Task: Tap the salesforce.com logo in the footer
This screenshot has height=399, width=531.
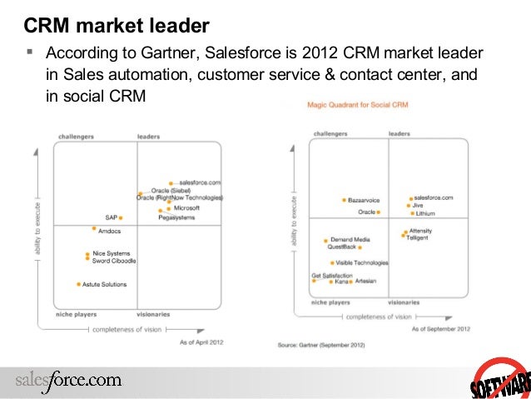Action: click(68, 381)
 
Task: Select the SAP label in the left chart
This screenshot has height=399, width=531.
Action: click(111, 217)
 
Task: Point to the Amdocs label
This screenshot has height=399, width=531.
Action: click(110, 231)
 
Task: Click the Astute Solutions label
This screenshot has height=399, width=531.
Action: click(105, 284)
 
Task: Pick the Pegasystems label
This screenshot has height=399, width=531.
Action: click(177, 217)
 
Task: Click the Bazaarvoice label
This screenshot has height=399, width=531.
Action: click(362, 201)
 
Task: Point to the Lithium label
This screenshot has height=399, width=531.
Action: click(425, 213)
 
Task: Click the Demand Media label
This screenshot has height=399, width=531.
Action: click(350, 240)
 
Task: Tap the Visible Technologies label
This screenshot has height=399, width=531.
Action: click(361, 262)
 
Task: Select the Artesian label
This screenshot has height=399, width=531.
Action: click(365, 281)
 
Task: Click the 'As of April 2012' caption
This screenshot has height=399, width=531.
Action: click(201, 342)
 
